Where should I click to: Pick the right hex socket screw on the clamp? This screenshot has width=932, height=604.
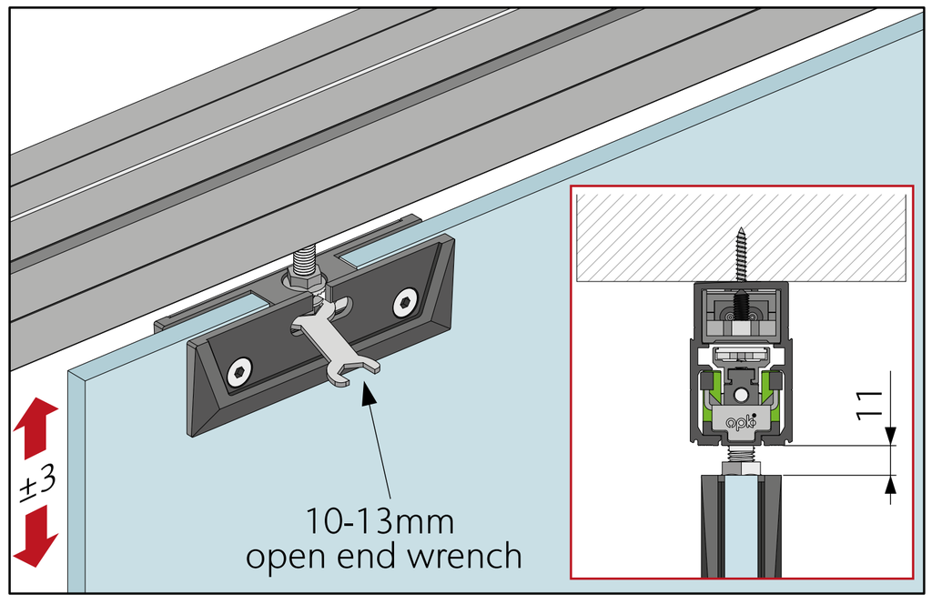tap(405, 303)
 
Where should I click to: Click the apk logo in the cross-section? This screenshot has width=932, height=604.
tap(741, 420)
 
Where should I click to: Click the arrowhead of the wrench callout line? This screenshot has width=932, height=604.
tap(369, 391)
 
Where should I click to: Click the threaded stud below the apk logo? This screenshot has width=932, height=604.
tap(741, 452)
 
